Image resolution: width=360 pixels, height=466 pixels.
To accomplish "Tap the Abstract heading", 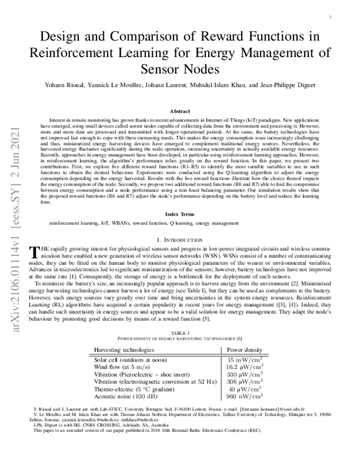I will pos(180,112).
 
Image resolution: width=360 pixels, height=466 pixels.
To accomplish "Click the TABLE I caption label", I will pos(180,332).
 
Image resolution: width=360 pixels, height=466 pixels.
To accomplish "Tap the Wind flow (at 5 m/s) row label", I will pos(122,366).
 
